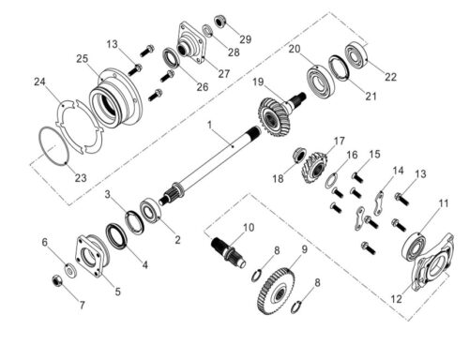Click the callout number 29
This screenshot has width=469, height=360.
coord(246,39)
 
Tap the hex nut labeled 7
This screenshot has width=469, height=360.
coord(57,280)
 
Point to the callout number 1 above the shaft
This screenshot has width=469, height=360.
coord(209,125)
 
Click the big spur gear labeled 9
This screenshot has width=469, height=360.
coord(277,292)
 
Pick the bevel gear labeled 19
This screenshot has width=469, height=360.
coord(274,115)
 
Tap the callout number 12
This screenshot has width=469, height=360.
coord(396,299)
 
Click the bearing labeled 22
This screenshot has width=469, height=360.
coord(356,56)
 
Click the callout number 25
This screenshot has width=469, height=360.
coord(83,59)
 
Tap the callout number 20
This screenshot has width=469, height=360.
coord(295,49)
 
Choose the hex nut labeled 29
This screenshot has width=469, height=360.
coord(220,22)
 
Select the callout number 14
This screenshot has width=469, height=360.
coord(398,171)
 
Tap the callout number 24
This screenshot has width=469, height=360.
coord(39,82)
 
